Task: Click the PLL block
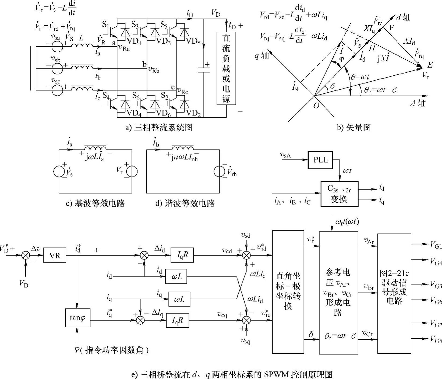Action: coord(320,160)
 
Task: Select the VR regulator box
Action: coord(55,255)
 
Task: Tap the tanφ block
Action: coord(78,318)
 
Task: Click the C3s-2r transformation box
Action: coord(339,194)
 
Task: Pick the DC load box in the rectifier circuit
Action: coord(226,68)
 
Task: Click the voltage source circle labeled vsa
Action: coord(57,47)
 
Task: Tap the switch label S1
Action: coord(105,25)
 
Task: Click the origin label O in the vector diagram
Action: coord(316,106)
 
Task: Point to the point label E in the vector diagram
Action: coord(430,65)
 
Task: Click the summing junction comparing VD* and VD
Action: coord(26,255)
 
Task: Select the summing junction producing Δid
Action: coord(144,255)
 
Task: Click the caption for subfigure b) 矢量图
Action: coord(353,128)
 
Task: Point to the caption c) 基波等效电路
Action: coord(95,204)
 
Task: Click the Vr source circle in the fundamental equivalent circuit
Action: coord(132,171)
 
